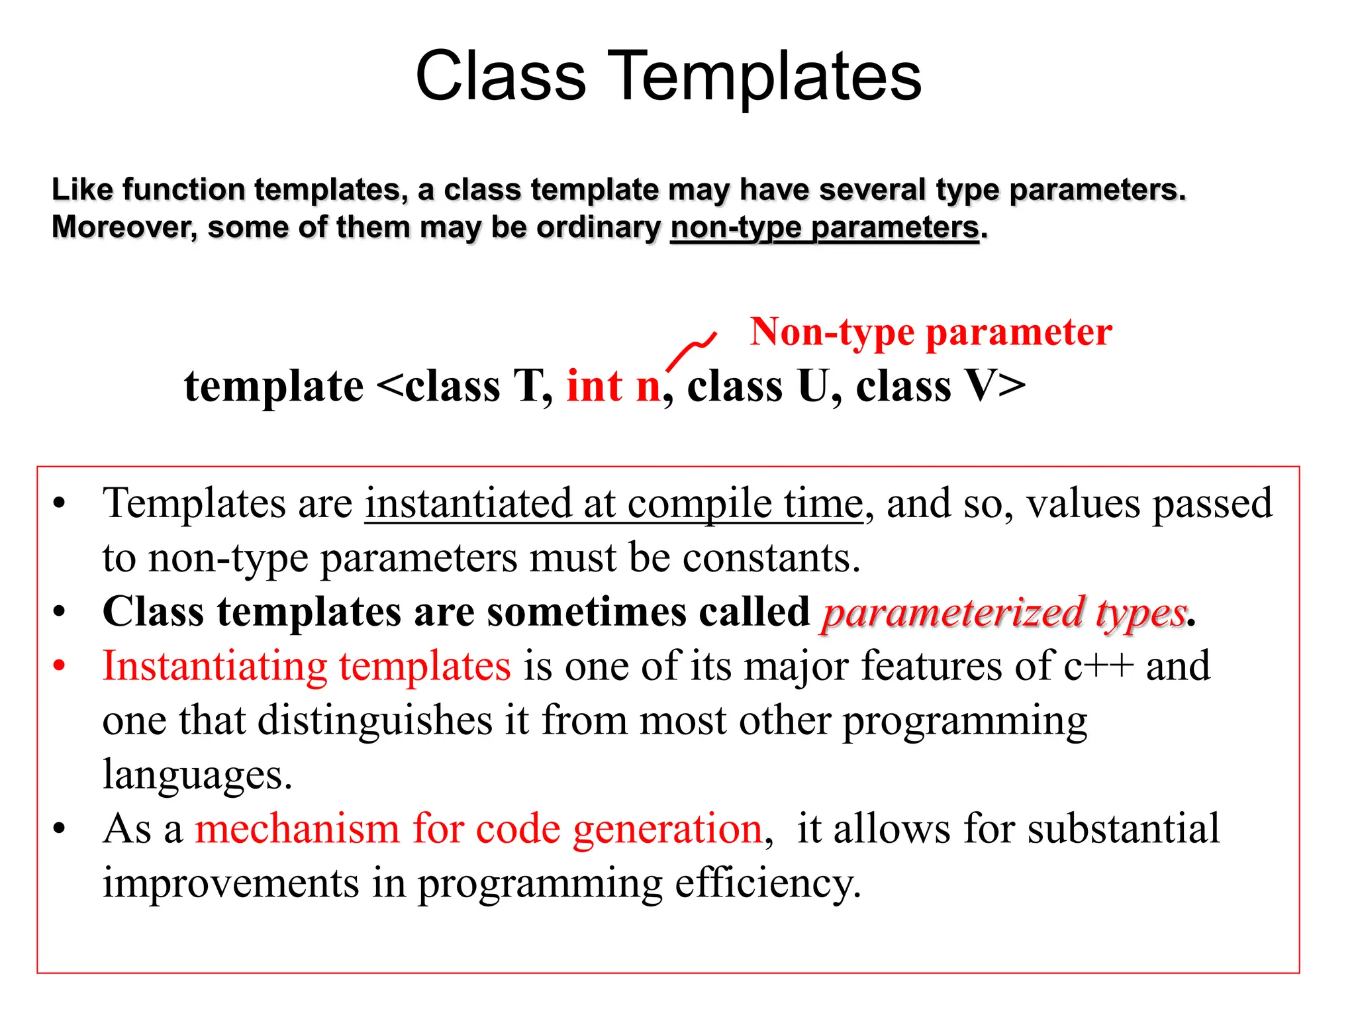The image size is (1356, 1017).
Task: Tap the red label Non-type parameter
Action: [x=930, y=332]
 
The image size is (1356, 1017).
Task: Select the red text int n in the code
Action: [x=613, y=386]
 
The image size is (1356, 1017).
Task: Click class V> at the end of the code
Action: [x=940, y=386]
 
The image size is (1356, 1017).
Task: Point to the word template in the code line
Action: [x=273, y=386]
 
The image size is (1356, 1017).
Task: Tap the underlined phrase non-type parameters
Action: [x=824, y=228]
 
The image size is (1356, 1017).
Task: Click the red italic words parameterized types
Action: [x=1004, y=612]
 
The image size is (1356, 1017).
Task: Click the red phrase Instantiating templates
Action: [x=307, y=666]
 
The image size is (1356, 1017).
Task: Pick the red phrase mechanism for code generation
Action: [x=479, y=829]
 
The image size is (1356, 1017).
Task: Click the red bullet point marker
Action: [x=60, y=665]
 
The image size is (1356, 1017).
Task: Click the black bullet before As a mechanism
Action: [x=60, y=828]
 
